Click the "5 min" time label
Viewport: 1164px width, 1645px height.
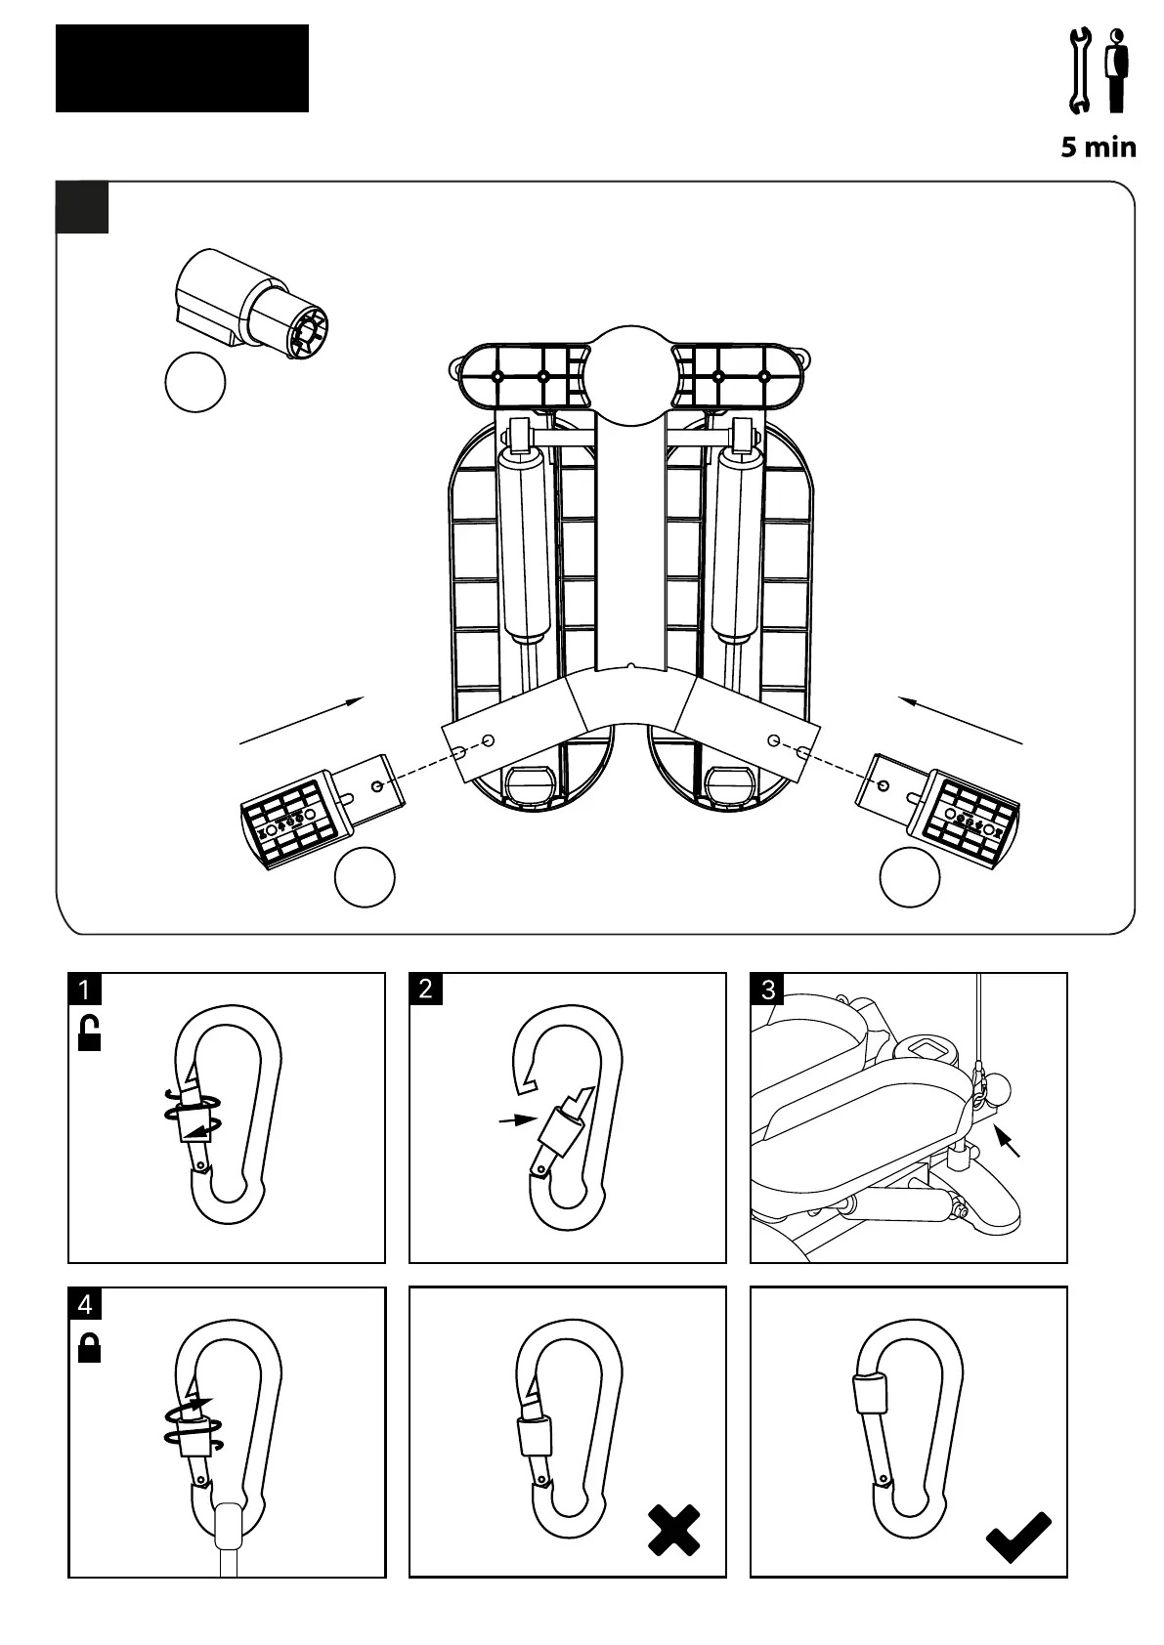[x=1099, y=148]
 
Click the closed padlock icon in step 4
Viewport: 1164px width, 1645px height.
[x=89, y=1347]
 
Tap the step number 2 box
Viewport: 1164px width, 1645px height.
[x=425, y=989]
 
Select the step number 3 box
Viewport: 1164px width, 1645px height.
[x=767, y=990]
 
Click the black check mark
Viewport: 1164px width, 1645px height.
[x=1018, y=1537]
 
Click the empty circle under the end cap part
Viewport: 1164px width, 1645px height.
[x=195, y=382]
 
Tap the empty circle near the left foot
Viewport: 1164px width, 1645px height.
[x=365, y=877]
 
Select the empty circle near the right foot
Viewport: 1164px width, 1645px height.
[x=910, y=877]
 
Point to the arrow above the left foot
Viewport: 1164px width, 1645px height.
[x=301, y=720]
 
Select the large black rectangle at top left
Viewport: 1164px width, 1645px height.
[x=182, y=68]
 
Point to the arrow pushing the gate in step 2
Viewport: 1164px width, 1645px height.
[x=517, y=1120]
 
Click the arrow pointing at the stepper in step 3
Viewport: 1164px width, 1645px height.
[x=1008, y=1142]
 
